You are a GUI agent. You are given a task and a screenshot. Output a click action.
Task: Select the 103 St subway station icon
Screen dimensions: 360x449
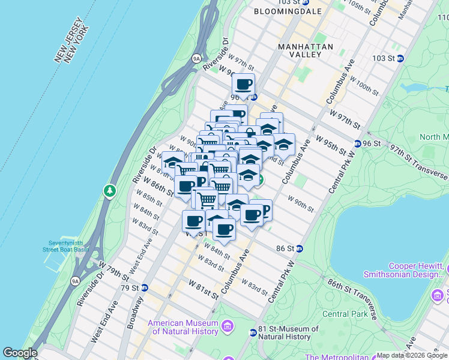pyautogui.click(x=400, y=58)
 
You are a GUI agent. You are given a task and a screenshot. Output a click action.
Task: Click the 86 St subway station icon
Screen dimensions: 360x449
pyautogui.click(x=299, y=248)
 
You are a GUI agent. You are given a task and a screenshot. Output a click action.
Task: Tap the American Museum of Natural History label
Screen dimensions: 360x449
pyautogui.click(x=182, y=326)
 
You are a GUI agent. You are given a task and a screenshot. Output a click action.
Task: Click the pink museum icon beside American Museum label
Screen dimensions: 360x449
pyautogui.click(x=227, y=326)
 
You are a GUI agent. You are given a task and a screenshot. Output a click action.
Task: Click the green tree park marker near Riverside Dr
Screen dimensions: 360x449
pyautogui.click(x=109, y=191)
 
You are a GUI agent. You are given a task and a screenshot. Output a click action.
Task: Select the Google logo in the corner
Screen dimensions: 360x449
pyautogui.click(x=20, y=353)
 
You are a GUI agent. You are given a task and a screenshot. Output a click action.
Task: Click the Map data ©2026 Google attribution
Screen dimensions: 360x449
pyautogui.click(x=412, y=355)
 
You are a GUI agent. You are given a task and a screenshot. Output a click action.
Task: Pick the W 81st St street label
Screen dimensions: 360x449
pyautogui.click(x=203, y=287)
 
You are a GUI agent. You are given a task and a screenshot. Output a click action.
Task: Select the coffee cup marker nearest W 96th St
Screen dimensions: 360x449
pyautogui.click(x=243, y=85)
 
